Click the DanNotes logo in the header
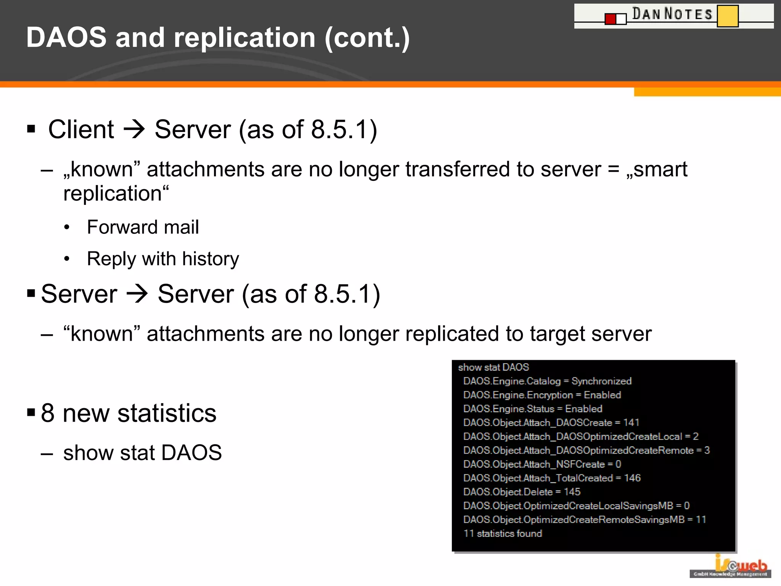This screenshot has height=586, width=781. coord(673,16)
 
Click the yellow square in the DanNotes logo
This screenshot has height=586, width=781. coord(727,16)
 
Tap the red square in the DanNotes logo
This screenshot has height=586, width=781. coord(611,19)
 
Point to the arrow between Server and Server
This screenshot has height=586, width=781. coord(137,294)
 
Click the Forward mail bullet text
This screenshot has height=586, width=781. coord(143,227)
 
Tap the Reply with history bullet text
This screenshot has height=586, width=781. coord(163,259)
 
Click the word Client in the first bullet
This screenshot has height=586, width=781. coord(81,129)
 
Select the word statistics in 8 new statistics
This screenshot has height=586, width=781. coord(167,413)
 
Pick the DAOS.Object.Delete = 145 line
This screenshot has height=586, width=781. coord(522,492)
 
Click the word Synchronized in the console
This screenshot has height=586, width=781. coord(601,381)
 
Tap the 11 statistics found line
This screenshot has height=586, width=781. coord(503,533)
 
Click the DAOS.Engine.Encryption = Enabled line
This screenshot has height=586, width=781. coord(542,395)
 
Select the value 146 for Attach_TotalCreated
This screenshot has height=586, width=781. coord(632,478)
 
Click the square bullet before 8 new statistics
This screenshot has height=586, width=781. coord(31,412)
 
